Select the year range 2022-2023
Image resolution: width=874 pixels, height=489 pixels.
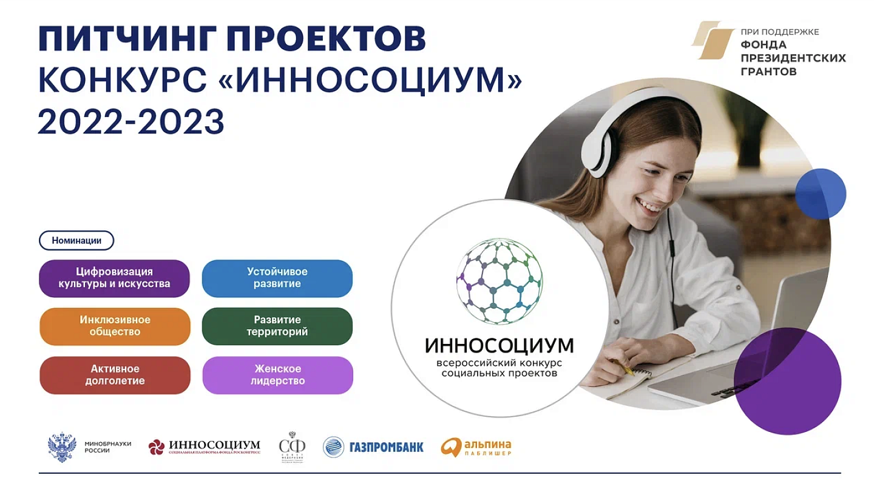point(131,121)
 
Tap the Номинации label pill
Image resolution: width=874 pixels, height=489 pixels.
point(76,240)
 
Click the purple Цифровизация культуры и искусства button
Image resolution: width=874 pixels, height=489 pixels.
point(114,278)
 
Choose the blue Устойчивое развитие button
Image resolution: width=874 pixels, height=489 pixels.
point(277,278)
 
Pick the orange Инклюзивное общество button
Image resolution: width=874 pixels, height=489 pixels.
point(115,326)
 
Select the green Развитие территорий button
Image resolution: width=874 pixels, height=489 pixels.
point(277,326)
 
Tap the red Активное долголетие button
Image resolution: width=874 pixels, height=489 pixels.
point(115,375)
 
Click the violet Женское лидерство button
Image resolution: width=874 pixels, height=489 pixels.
point(277,375)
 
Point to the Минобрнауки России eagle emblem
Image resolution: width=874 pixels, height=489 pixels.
point(62,447)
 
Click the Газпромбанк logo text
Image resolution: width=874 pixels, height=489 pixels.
point(386,448)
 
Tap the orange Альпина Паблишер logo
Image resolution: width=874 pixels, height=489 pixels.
point(451,447)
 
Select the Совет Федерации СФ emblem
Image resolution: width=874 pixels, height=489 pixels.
point(292,448)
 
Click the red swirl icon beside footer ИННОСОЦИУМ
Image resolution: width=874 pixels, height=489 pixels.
point(157,447)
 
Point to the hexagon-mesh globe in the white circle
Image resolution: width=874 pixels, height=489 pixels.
point(499,281)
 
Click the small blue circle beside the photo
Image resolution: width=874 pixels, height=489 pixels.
point(820,194)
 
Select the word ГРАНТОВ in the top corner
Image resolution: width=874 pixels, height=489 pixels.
point(768,71)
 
